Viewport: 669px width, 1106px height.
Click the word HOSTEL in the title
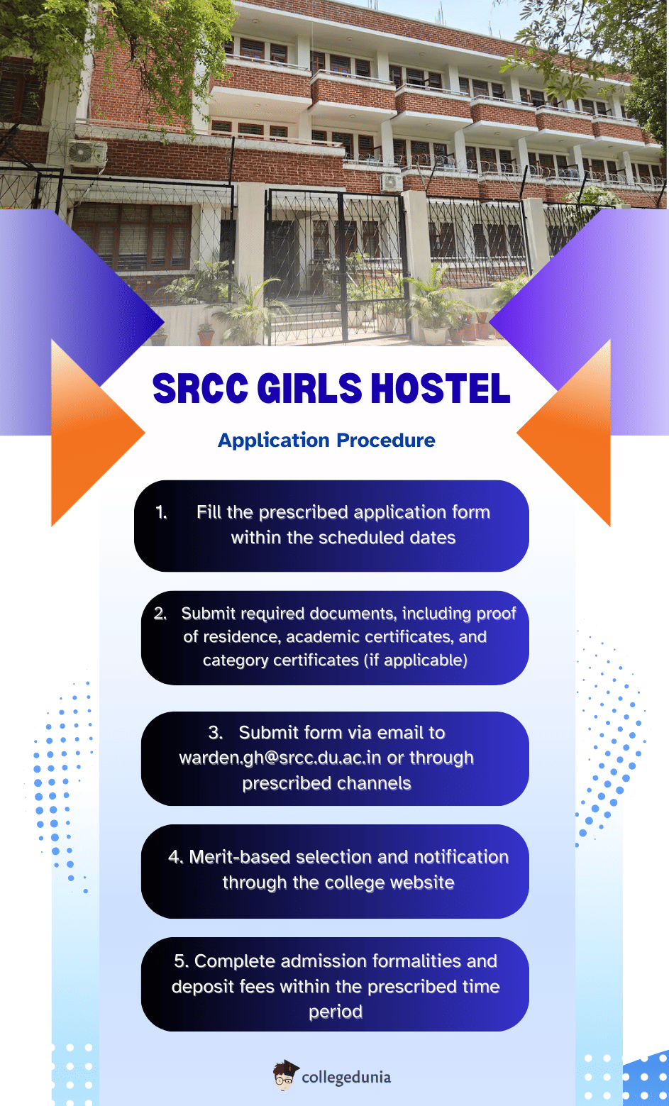[x=441, y=389]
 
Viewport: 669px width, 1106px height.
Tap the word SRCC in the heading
[x=200, y=389]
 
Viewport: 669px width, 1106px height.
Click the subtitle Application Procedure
[x=326, y=441]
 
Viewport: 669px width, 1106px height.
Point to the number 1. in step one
[x=162, y=512]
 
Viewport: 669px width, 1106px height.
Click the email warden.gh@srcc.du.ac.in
[x=280, y=758]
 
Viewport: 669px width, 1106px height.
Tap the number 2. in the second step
[x=160, y=614]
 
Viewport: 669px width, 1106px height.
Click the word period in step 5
[x=335, y=1012]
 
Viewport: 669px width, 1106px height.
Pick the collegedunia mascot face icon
[x=285, y=1075]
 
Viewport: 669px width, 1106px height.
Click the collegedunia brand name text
[x=346, y=1077]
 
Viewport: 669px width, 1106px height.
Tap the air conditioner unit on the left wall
[x=87, y=154]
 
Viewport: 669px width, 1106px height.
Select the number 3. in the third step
[x=216, y=733]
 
